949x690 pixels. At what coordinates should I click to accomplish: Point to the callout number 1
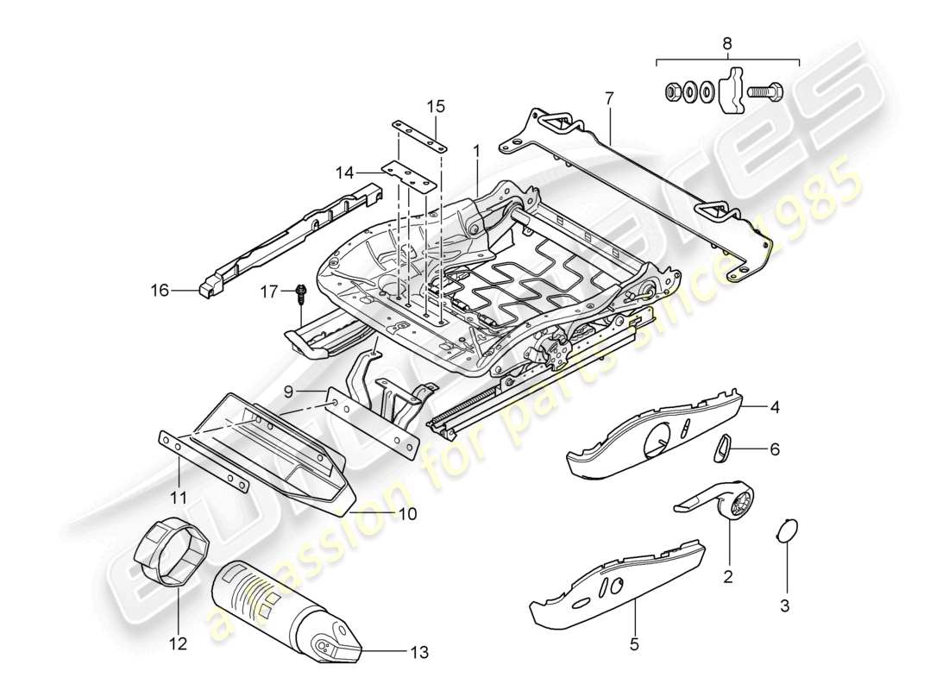click(475, 149)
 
